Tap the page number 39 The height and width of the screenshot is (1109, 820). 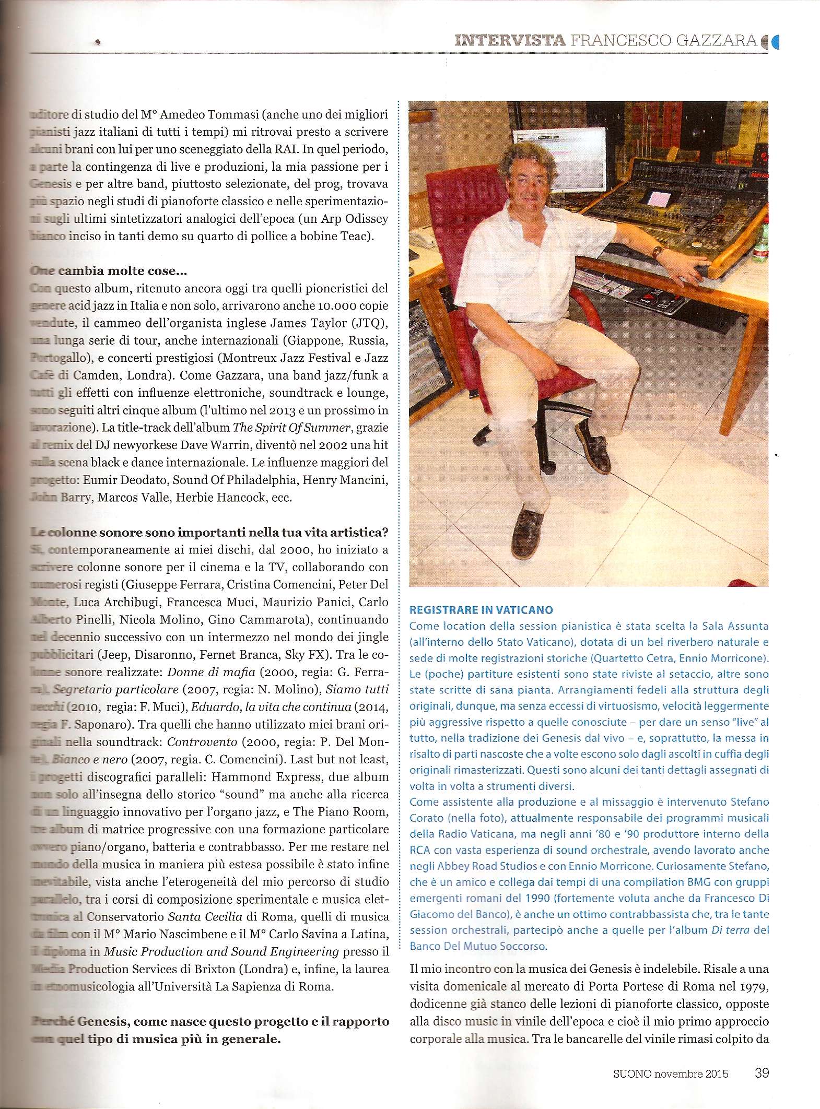pos(761,1072)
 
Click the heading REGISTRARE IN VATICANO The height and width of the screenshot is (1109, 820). pos(481,609)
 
